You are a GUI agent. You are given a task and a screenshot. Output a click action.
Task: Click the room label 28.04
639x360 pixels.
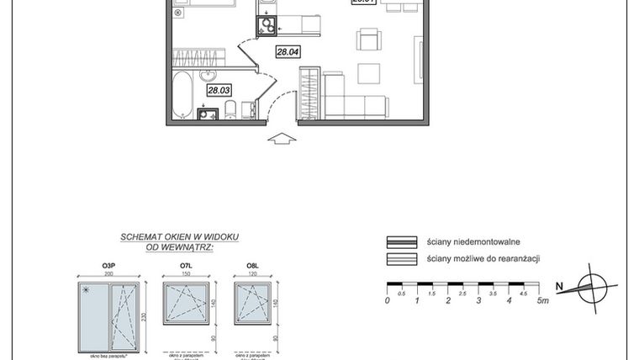pyautogui.click(x=288, y=52)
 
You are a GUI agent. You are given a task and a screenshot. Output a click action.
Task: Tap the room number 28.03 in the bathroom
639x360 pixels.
pyautogui.click(x=219, y=89)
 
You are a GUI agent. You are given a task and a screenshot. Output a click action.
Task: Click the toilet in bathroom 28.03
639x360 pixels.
pyautogui.click(x=229, y=110)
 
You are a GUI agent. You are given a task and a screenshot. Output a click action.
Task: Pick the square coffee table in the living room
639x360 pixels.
pyautogui.click(x=369, y=73)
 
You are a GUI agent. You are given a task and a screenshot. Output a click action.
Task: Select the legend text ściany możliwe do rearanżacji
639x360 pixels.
pyautogui.click(x=483, y=259)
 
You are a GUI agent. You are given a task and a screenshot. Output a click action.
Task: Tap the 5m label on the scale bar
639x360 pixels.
pyautogui.click(x=543, y=300)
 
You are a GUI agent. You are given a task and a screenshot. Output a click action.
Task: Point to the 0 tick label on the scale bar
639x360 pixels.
pyautogui.click(x=387, y=300)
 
